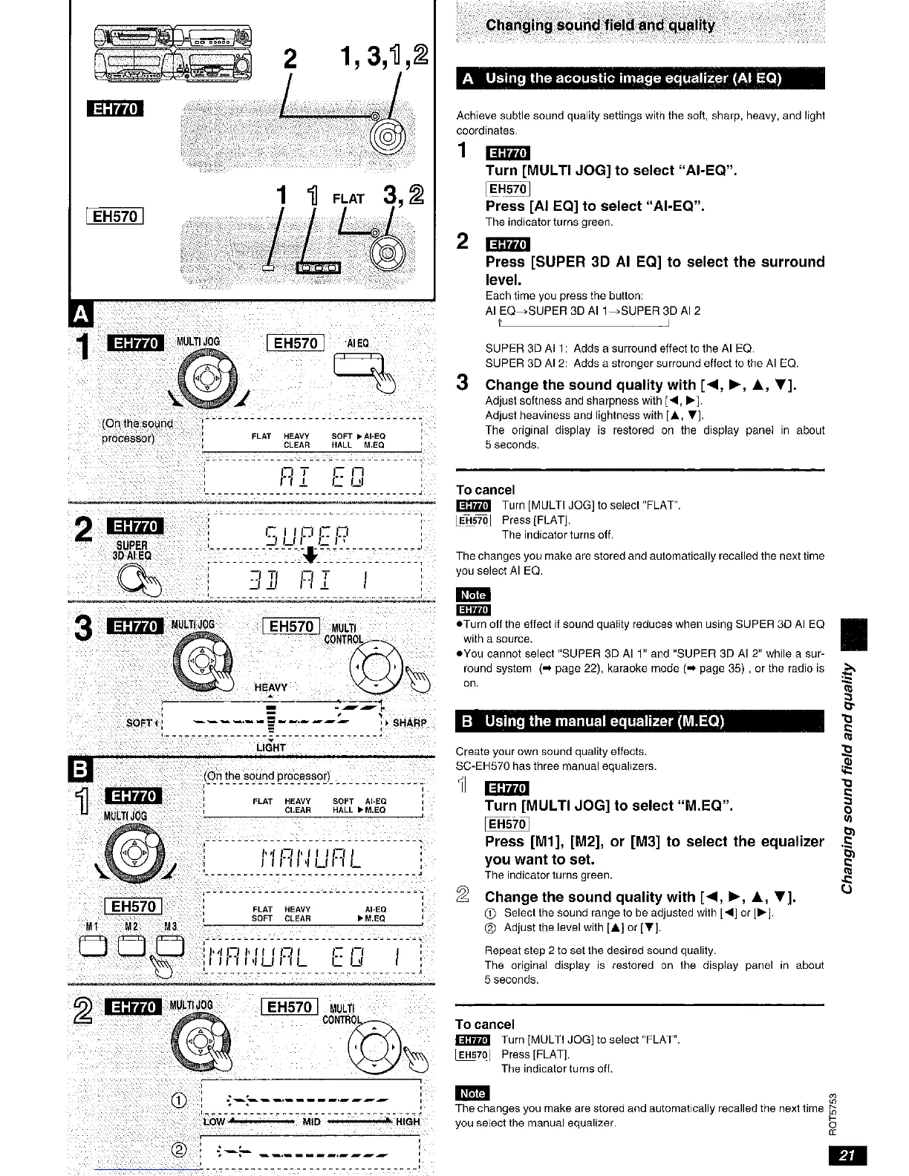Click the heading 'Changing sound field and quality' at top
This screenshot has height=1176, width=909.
click(x=600, y=26)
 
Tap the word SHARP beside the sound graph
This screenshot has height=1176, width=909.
click(x=408, y=722)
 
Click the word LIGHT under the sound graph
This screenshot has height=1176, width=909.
click(x=270, y=747)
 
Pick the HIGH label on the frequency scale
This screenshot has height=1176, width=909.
click(x=407, y=1121)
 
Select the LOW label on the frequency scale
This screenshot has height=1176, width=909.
click(x=213, y=1121)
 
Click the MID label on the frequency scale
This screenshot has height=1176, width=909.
click(x=311, y=1121)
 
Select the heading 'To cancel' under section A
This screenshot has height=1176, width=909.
click(x=485, y=490)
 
